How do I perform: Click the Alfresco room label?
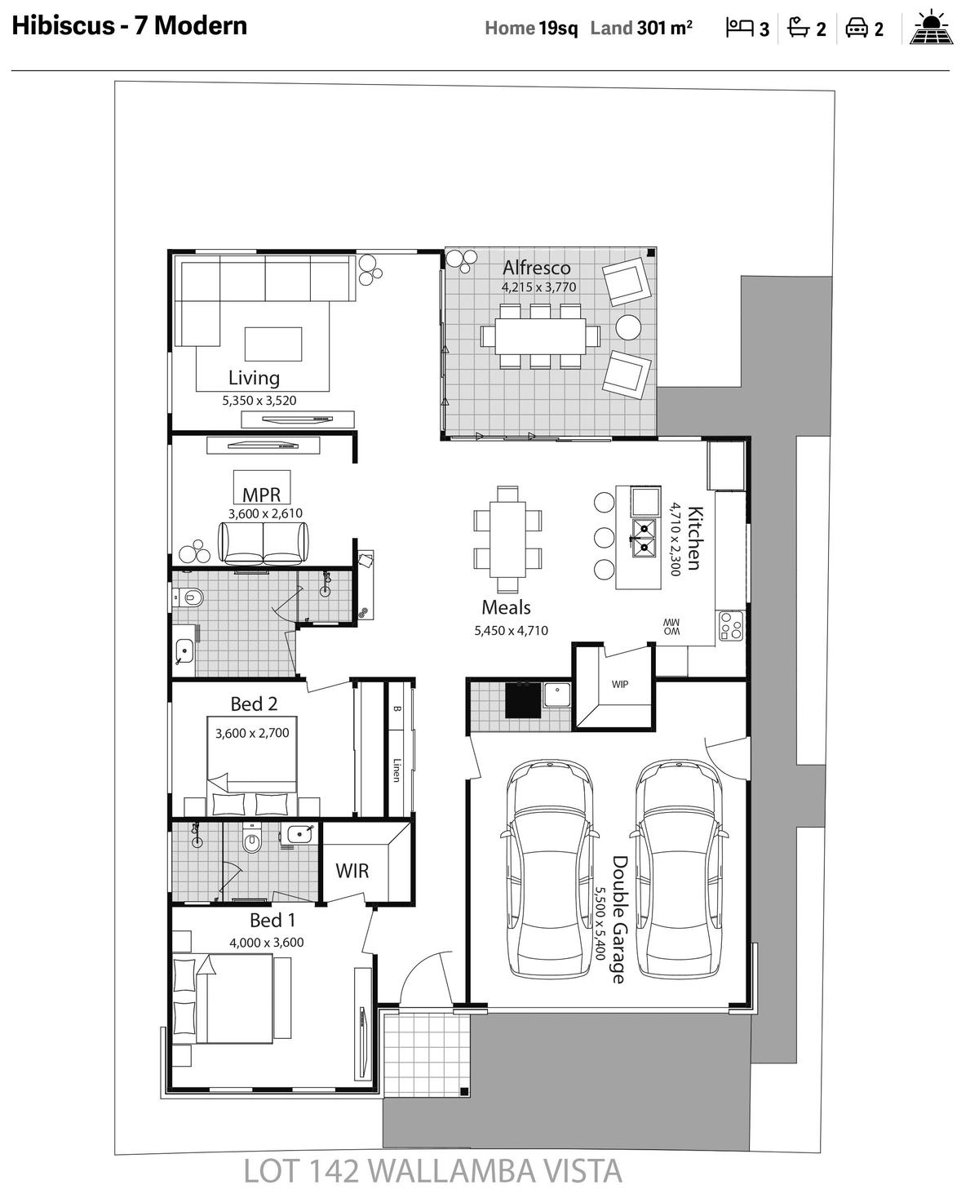pyautogui.click(x=537, y=267)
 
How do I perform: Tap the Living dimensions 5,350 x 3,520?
pyautogui.click(x=259, y=400)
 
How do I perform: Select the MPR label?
pyautogui.click(x=261, y=495)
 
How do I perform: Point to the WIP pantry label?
pyautogui.click(x=620, y=684)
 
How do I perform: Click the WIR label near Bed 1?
pyautogui.click(x=352, y=871)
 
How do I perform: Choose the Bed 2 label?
pyautogui.click(x=254, y=704)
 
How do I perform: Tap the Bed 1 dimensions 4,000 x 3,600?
pyautogui.click(x=267, y=942)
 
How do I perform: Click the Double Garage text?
pyautogui.click(x=620, y=919)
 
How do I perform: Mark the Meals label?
pyautogui.click(x=506, y=607)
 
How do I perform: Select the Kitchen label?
pyautogui.click(x=695, y=539)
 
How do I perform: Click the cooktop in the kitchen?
pyautogui.click(x=730, y=626)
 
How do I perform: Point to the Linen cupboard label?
pyautogui.click(x=396, y=770)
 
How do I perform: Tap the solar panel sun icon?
pyautogui.click(x=931, y=27)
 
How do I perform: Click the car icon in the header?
pyautogui.click(x=857, y=28)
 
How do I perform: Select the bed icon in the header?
pyautogui.click(x=739, y=27)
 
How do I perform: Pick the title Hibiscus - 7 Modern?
pyautogui.click(x=130, y=26)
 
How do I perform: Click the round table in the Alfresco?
pyautogui.click(x=628, y=327)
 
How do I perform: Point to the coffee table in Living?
pyautogui.click(x=272, y=344)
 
